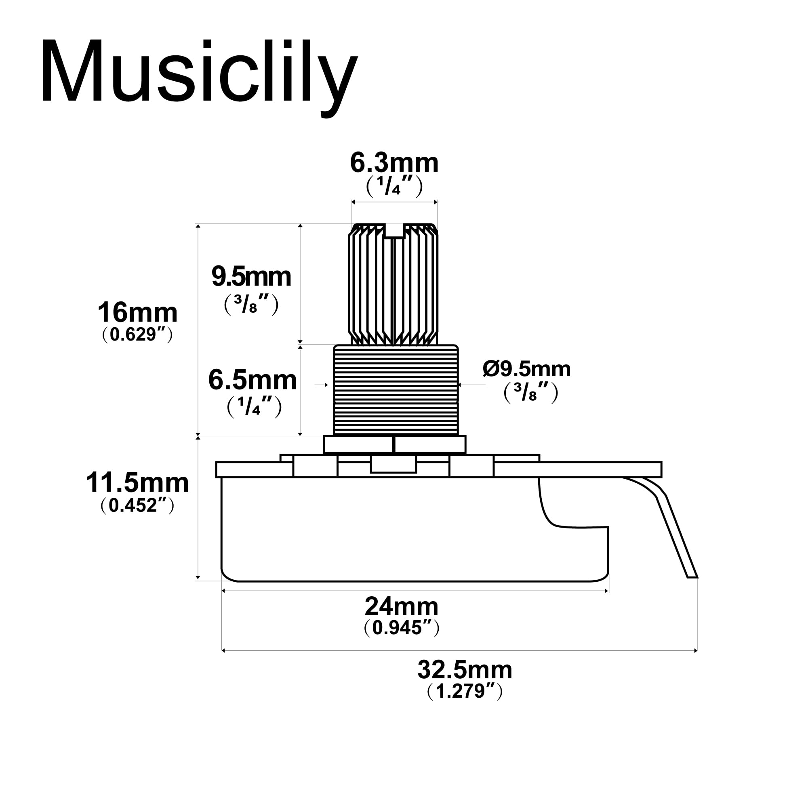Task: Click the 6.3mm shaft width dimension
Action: (x=394, y=163)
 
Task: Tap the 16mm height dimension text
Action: (x=138, y=312)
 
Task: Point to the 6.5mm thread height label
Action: (x=253, y=380)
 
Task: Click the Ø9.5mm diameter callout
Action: (x=526, y=369)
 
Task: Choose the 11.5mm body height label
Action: (x=138, y=483)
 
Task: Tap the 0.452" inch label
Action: (x=138, y=505)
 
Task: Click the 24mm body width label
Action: (x=402, y=606)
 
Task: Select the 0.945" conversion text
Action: (x=402, y=628)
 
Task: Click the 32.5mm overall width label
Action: (x=465, y=669)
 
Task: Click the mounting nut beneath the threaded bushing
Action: (x=394, y=444)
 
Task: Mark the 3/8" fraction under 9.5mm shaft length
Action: (x=251, y=305)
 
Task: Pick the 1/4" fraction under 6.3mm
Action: (x=394, y=187)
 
